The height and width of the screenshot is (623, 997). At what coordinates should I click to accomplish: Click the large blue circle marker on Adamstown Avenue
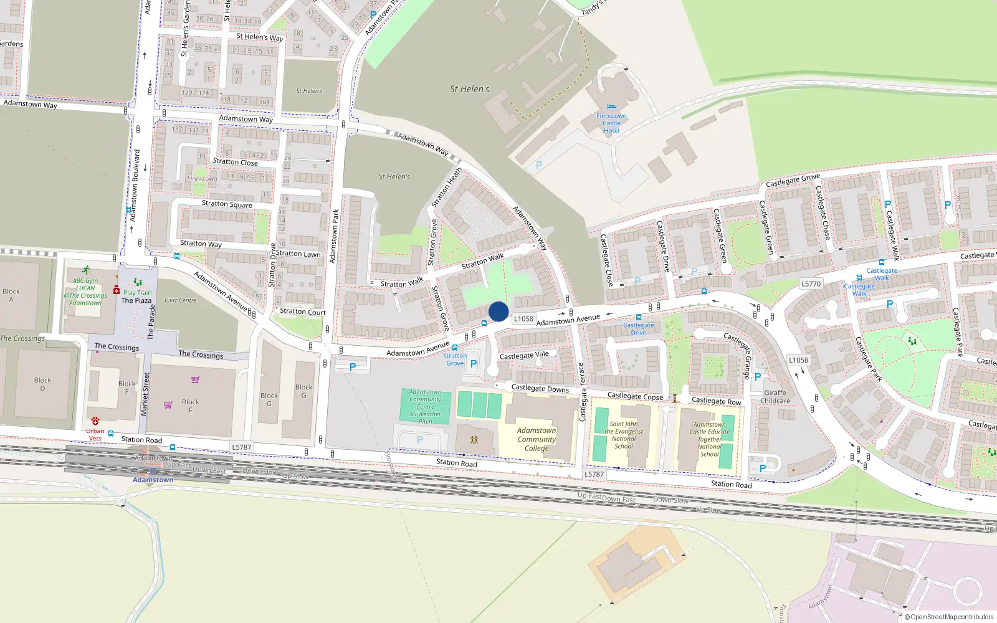(499, 311)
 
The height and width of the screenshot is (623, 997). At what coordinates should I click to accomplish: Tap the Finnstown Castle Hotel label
(611, 123)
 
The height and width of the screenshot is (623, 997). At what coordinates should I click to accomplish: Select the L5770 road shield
(811, 284)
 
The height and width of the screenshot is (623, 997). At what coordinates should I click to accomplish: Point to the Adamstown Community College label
(536, 439)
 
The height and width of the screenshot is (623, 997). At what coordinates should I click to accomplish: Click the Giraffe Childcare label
(775, 397)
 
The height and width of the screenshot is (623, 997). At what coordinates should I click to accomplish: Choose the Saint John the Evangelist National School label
(624, 435)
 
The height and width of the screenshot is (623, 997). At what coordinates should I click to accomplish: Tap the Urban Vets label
(95, 434)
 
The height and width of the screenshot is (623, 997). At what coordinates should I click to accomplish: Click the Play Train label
(137, 292)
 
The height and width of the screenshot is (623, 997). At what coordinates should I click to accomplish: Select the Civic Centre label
(180, 300)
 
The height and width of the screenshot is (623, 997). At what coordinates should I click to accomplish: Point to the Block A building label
(11, 295)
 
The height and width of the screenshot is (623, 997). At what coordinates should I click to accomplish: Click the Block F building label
(191, 406)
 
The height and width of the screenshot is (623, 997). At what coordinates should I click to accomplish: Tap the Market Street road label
(145, 394)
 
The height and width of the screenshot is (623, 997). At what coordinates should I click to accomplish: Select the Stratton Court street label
(303, 311)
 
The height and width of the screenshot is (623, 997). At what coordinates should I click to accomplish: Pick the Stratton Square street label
(227, 204)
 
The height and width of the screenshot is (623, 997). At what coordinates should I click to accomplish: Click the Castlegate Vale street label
(524, 356)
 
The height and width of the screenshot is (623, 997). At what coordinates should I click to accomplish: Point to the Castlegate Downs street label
(540, 389)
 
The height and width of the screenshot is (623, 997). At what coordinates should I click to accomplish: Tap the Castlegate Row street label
(716, 401)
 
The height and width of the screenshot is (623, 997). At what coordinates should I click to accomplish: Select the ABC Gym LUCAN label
(85, 284)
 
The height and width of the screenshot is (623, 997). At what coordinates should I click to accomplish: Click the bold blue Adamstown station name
(153, 480)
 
